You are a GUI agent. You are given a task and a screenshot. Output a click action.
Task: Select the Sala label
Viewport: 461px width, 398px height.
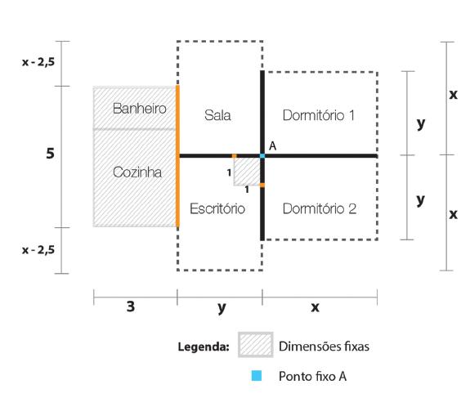click(217, 115)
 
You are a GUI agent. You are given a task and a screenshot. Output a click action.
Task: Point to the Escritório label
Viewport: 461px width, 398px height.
click(217, 208)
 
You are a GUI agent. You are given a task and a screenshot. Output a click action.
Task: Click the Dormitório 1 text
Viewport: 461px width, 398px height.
click(319, 115)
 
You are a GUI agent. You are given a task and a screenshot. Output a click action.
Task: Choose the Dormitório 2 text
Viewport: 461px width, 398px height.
click(319, 208)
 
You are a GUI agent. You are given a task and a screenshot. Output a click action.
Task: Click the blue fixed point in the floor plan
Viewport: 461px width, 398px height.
click(262, 155)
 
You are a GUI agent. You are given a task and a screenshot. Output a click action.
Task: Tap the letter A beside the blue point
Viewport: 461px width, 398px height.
click(272, 145)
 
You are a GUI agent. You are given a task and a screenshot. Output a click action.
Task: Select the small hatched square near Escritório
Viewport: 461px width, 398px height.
click(246, 170)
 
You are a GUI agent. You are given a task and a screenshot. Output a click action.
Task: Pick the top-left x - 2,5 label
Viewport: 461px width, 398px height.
click(38, 61)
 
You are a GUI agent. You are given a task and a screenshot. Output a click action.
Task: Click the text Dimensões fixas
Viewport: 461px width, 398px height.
click(325, 346)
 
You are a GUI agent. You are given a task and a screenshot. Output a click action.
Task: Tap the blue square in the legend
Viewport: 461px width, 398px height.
click(256, 376)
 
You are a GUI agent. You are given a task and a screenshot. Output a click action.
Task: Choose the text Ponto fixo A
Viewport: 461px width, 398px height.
click(312, 376)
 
